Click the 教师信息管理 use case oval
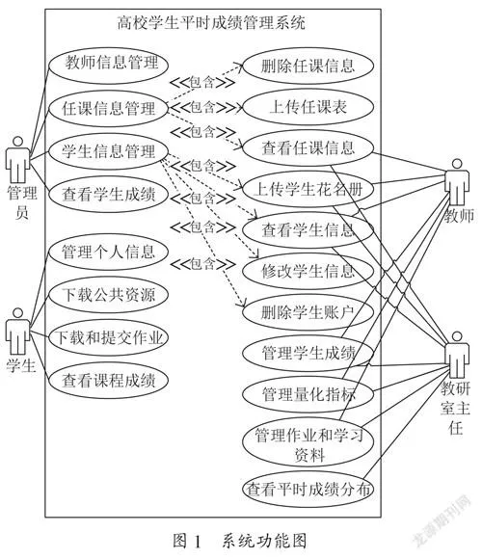pyautogui.click(x=108, y=65)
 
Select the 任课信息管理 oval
pyautogui.click(x=108, y=108)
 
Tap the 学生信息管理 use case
pyautogui.click(x=108, y=151)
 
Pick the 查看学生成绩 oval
pyautogui.click(x=108, y=195)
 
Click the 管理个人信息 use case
pyautogui.click(x=108, y=253)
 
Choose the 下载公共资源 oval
pyautogui.click(x=108, y=295)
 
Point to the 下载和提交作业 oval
pyautogui.click(x=108, y=337)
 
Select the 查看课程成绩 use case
pyautogui.click(x=108, y=381)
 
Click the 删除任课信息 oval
pyautogui.click(x=308, y=66)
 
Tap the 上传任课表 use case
pyautogui.click(x=308, y=107)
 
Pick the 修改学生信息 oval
pyautogui.click(x=308, y=271)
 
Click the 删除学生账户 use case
pyautogui.click(x=308, y=312)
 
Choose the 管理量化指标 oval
pyautogui.click(x=308, y=394)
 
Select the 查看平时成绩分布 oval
pyautogui.click(x=308, y=489)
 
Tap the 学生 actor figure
pyautogui.click(x=17, y=332)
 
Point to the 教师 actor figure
pyautogui.click(x=457, y=182)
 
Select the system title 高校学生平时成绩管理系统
pyautogui.click(x=211, y=23)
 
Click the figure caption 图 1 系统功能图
pyautogui.click(x=240, y=541)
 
